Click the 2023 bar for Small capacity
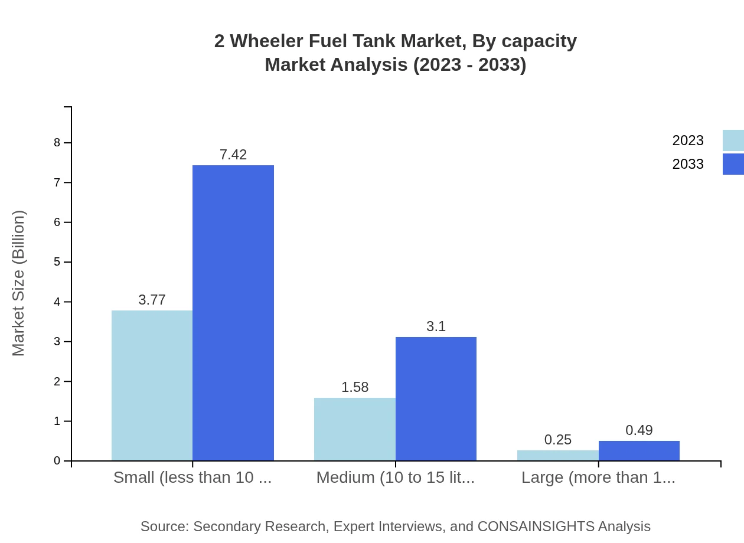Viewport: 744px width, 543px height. pos(152,385)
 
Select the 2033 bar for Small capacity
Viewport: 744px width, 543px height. pos(233,313)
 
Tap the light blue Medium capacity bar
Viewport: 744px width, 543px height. pos(354,429)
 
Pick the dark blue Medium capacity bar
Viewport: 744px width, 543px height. pos(436,399)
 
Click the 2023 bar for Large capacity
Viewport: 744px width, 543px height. pos(557,456)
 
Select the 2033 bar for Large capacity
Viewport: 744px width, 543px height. pos(639,451)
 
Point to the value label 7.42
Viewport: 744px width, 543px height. pos(233,155)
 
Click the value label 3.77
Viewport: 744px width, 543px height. pos(152,300)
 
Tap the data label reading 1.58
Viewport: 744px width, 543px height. pos(355,387)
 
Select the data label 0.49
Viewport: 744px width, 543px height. pos(639,430)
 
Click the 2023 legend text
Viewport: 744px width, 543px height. pos(688,140)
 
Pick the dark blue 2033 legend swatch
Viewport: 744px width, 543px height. pos(733,164)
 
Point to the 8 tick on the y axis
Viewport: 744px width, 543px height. pos(57,142)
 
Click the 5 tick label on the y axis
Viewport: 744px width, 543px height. pos(57,262)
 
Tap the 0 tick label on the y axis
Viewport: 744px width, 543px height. pos(57,461)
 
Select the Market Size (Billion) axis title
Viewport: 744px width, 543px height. pos(18,283)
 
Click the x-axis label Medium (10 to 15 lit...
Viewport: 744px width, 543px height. pos(395,477)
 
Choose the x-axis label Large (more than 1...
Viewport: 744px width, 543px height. pos(598,477)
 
